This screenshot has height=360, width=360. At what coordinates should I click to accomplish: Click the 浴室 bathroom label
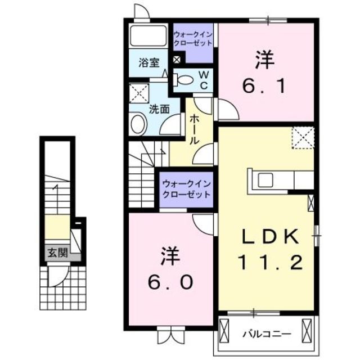[x=148, y=63]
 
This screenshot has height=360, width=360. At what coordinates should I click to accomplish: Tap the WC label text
[x=204, y=80]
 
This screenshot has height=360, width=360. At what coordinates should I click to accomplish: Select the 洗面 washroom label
[x=159, y=109]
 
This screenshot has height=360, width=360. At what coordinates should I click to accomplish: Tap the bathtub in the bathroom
[x=148, y=35]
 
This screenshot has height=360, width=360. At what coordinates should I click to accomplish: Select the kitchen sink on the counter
[x=264, y=180]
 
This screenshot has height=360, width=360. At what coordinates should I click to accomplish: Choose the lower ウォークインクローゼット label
[x=186, y=188]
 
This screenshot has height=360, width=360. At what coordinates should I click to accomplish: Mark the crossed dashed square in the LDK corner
[x=303, y=137]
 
